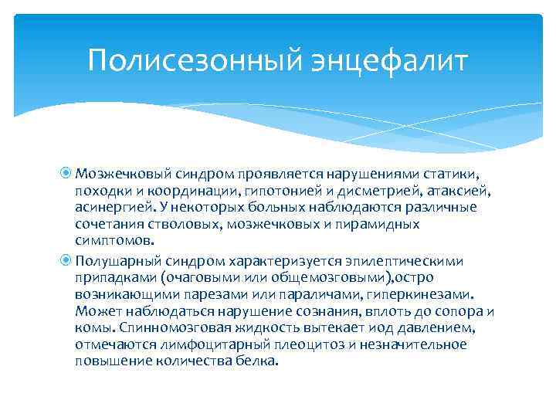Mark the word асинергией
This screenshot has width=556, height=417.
112,208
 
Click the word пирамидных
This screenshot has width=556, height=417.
379,225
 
